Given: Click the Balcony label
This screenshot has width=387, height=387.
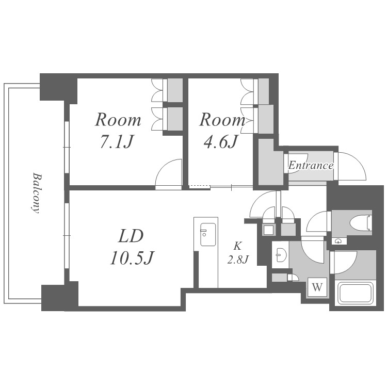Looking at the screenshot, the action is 36,193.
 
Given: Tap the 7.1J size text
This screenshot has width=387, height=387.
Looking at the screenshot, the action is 117,142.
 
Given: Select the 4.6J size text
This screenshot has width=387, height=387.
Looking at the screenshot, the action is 220,142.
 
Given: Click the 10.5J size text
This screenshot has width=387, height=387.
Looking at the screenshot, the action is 132,258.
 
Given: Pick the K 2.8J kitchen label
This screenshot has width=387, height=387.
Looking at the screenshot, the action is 237,253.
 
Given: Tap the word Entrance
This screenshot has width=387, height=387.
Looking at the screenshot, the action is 311,165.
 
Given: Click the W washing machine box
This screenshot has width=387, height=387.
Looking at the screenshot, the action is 317,287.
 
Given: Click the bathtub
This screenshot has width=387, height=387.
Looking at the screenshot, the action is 355,294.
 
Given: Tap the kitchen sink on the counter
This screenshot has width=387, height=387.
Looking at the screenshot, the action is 208,235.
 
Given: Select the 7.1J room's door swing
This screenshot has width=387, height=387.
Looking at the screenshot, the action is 169,174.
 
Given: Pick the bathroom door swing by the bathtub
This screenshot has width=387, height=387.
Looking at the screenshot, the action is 344,262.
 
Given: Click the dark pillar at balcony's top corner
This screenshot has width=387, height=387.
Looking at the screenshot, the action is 58,88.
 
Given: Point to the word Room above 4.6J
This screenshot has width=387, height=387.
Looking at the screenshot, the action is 222,120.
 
